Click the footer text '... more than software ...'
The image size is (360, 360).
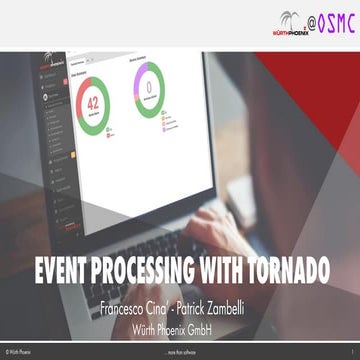181,354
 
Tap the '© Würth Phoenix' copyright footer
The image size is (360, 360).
22,354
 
